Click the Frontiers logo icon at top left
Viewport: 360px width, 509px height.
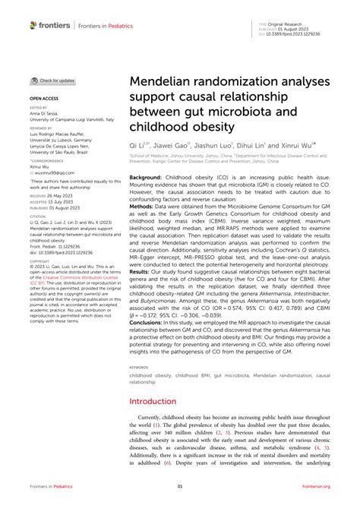point(33,25)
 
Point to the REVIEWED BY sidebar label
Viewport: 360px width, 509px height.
point(42,128)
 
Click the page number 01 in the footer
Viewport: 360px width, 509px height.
point(180,488)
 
